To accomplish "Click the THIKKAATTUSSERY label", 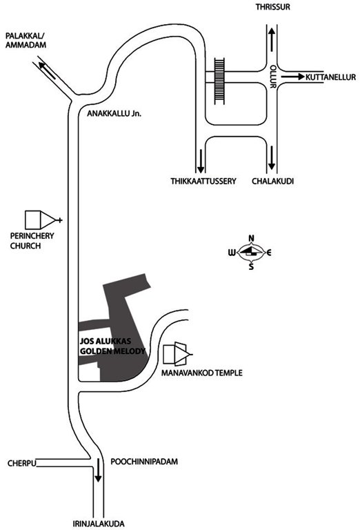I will point(203,181).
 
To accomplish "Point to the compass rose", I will point(251,253).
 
